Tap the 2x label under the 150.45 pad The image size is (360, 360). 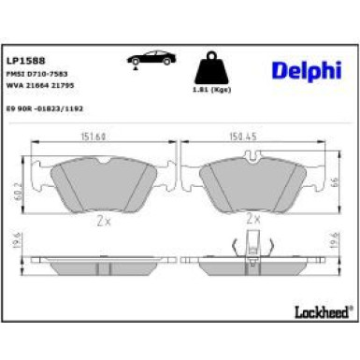[252, 220]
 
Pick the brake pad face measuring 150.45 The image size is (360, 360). [252, 180]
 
